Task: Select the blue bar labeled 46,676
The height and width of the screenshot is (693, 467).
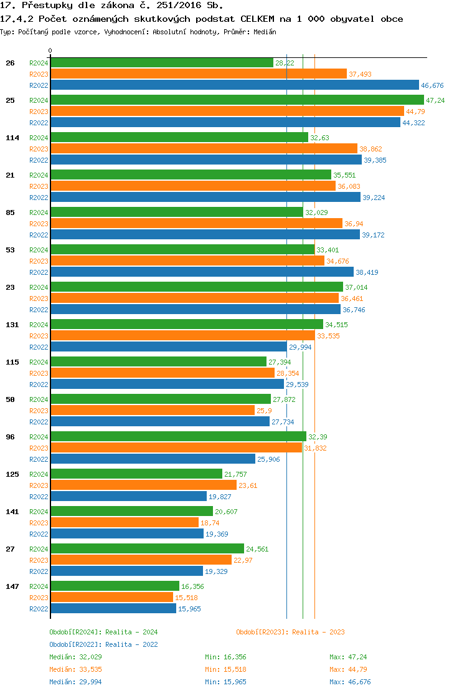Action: [x=234, y=85]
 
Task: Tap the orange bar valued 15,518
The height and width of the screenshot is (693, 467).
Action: [x=111, y=598]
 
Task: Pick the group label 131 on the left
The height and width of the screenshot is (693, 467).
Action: [x=12, y=325]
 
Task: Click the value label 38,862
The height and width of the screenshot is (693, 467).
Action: [x=370, y=149]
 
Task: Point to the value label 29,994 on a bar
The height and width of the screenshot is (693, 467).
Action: [x=300, y=347]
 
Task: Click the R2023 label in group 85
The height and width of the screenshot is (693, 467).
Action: [x=39, y=224]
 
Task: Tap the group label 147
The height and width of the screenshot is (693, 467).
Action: [x=12, y=586]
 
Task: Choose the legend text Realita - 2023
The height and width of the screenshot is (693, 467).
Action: [x=318, y=632]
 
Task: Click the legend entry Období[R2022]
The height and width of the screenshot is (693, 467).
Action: [x=75, y=644]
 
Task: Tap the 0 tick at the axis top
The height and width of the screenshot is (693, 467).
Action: [x=50, y=50]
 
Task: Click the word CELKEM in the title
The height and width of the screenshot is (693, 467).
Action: [x=257, y=19]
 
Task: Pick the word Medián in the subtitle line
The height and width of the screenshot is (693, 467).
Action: [x=266, y=31]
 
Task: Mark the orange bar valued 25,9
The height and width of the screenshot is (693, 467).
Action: [x=153, y=411]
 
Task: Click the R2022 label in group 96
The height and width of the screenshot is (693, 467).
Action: [x=39, y=459]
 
